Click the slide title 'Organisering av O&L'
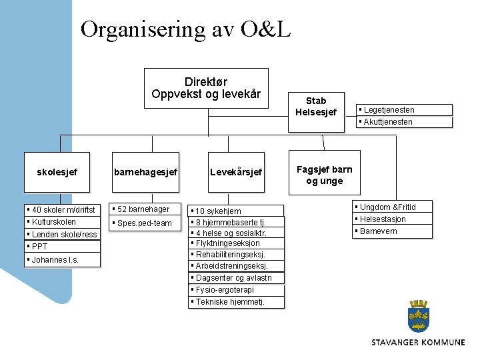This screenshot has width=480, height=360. click(x=185, y=29)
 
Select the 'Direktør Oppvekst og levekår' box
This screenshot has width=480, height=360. click(x=206, y=88)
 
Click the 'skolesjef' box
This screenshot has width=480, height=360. click(x=57, y=172)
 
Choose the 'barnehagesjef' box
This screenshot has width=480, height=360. click(x=145, y=172)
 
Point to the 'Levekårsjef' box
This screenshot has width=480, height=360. click(x=236, y=172)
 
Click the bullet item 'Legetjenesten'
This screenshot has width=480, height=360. click(x=405, y=110)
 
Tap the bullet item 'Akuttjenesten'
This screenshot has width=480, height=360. click(x=405, y=122)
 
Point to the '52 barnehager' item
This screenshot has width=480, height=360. click(x=146, y=209)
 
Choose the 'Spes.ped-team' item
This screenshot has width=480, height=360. click(x=146, y=223)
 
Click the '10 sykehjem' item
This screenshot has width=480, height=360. click(x=237, y=211)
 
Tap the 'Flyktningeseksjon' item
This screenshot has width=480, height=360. click(x=237, y=243)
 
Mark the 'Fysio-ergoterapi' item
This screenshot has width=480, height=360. click(x=237, y=290)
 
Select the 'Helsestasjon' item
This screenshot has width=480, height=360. click(x=393, y=219)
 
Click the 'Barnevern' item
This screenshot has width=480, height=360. click(x=393, y=231)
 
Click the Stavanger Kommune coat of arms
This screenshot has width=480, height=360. click(x=419, y=317)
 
